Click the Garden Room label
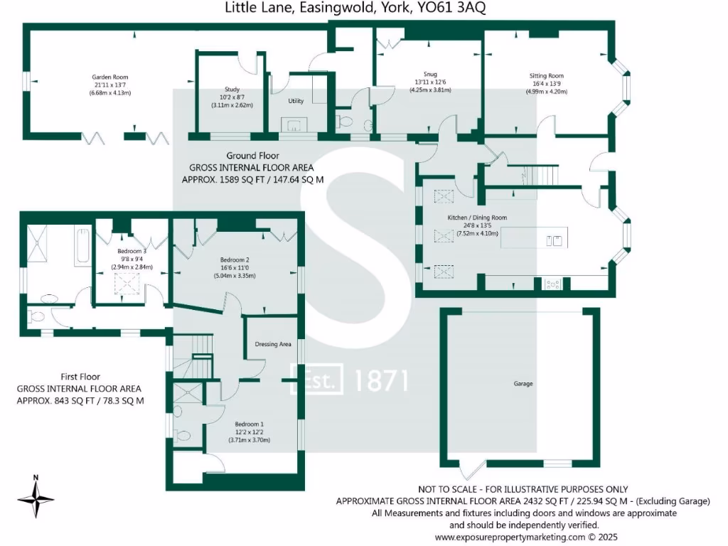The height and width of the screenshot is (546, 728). pyautogui.click(x=109, y=77)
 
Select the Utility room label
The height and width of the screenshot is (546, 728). pyautogui.click(x=296, y=102)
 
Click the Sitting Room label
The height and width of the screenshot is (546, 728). pyautogui.click(x=546, y=75)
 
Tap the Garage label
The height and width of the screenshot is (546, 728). pyautogui.click(x=523, y=384)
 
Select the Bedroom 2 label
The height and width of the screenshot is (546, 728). pyautogui.click(x=235, y=260)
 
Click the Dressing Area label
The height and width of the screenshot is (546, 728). pyautogui.click(x=273, y=344)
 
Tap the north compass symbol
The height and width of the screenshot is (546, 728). pyautogui.click(x=36, y=496)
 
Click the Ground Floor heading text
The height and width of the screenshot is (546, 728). pyautogui.click(x=252, y=156)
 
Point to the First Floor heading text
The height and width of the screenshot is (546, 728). pyautogui.click(x=80, y=377)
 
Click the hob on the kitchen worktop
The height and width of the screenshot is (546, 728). pyautogui.click(x=552, y=284)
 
